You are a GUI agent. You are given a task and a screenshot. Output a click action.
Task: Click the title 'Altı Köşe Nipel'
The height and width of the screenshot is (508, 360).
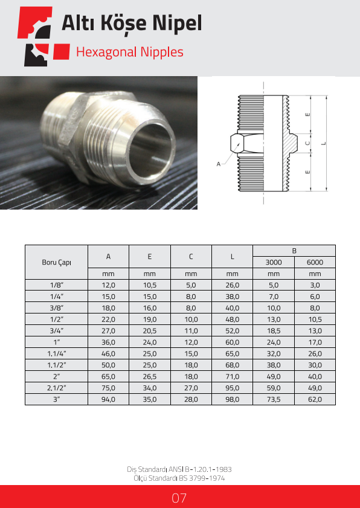[132, 24]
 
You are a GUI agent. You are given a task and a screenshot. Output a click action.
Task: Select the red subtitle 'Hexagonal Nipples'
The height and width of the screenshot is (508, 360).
[130, 52]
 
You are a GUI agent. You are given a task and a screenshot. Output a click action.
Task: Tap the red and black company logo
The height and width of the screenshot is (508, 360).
[43, 36]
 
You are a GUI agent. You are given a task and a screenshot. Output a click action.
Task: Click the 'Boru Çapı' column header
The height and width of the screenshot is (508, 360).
[56, 262]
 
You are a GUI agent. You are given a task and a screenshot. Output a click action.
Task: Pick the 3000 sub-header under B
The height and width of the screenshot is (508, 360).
[274, 262]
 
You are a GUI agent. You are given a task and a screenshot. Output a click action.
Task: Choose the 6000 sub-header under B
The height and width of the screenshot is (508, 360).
[315, 262]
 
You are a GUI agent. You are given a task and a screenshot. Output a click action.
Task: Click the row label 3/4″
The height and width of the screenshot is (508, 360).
[56, 331]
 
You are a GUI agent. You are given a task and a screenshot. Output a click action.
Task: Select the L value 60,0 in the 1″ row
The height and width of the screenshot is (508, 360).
[233, 342]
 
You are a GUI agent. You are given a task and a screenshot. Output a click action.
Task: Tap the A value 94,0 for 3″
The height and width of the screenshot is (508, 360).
[108, 399]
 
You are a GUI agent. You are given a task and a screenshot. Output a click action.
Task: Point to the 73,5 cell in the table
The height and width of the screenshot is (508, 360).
[274, 399]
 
